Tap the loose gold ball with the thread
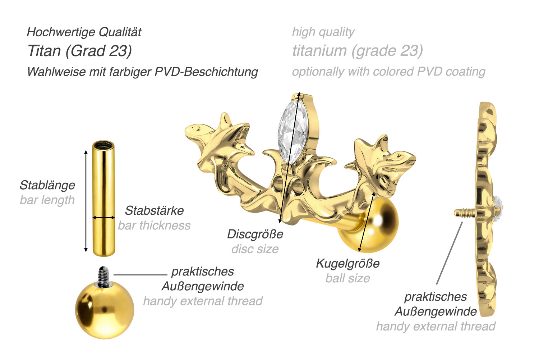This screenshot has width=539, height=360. pyautogui.click(x=105, y=310)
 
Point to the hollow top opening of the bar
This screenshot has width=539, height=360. pyautogui.click(x=103, y=145)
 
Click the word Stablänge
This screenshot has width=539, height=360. pyautogui.click(x=47, y=185)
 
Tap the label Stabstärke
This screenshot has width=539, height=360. pyautogui.click(x=154, y=210)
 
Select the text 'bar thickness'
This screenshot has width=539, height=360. pyautogui.click(x=154, y=225)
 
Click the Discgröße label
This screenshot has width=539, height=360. pyautogui.click(x=255, y=234)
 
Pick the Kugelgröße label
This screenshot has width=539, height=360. pyautogui.click(x=348, y=263)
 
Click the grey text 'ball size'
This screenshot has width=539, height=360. pyautogui.click(x=348, y=278)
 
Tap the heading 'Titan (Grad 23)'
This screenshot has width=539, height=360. pyautogui.click(x=79, y=51)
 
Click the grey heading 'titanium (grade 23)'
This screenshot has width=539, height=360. pyautogui.click(x=358, y=51)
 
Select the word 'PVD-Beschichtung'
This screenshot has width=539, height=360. pyautogui.click(x=206, y=72)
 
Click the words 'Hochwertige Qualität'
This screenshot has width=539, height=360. pyautogui.click(x=84, y=32)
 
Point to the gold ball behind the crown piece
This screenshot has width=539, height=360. pyautogui.click(x=377, y=227)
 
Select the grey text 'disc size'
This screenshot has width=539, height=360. pyautogui.click(x=255, y=249)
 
